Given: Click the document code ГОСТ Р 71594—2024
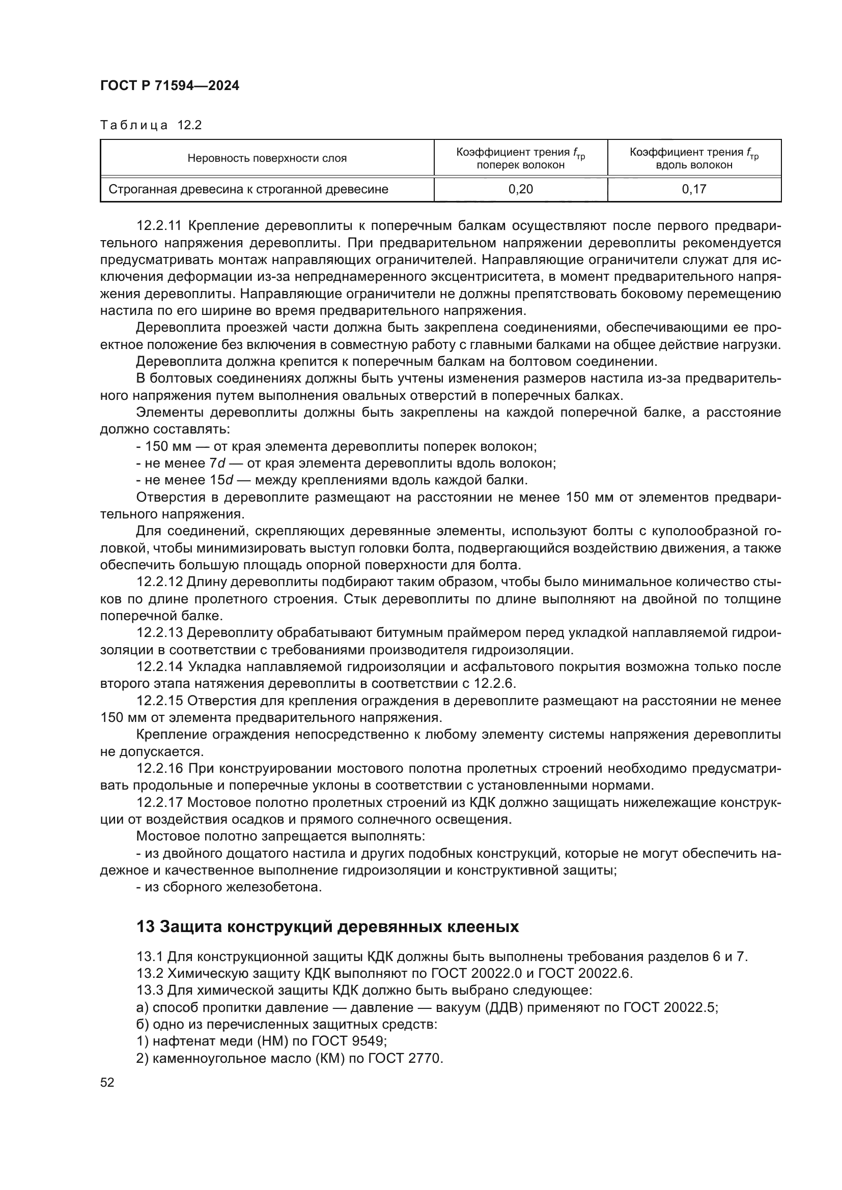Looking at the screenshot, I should tap(170, 86).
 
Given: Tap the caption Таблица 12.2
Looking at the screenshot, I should tap(150, 126).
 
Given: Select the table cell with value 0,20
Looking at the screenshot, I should tap(521, 189).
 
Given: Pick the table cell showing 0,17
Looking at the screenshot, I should tap(694, 189).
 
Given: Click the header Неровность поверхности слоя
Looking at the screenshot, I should tap(267, 159).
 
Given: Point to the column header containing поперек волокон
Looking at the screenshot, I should tap(521, 159).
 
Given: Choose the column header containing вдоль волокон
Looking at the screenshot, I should tap(694, 159).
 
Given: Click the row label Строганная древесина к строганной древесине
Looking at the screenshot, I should tap(248, 189).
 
